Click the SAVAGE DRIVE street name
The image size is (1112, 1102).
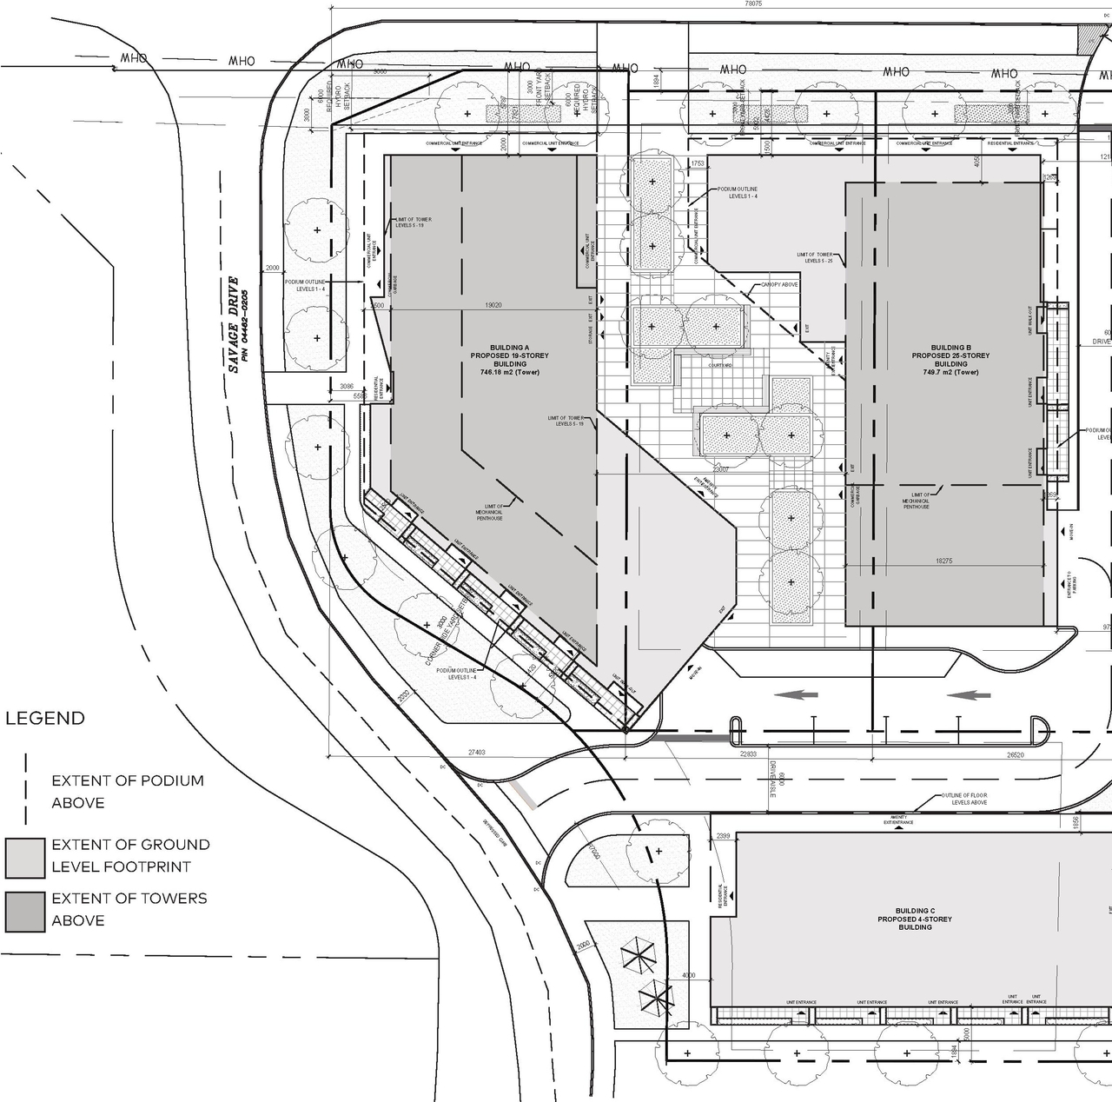(x=232, y=324)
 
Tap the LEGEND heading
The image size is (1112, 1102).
(x=45, y=719)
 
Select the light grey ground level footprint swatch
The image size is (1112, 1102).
(x=24, y=858)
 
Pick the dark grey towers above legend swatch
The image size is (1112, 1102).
(x=24, y=912)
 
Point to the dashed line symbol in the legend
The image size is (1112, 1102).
(x=26, y=789)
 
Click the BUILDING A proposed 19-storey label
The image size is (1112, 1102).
(x=510, y=355)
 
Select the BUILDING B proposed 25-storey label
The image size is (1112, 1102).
(x=950, y=355)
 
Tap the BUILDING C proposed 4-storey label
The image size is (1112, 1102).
(x=915, y=919)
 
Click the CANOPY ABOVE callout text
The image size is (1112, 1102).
(x=778, y=285)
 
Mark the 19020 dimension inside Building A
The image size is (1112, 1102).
(x=493, y=306)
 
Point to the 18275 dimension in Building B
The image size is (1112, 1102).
(x=943, y=561)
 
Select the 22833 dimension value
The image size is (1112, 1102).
(x=748, y=754)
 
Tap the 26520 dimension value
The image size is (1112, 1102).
(x=1015, y=755)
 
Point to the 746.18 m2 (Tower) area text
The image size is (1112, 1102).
(x=510, y=372)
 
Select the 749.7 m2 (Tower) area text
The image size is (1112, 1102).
(x=950, y=372)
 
